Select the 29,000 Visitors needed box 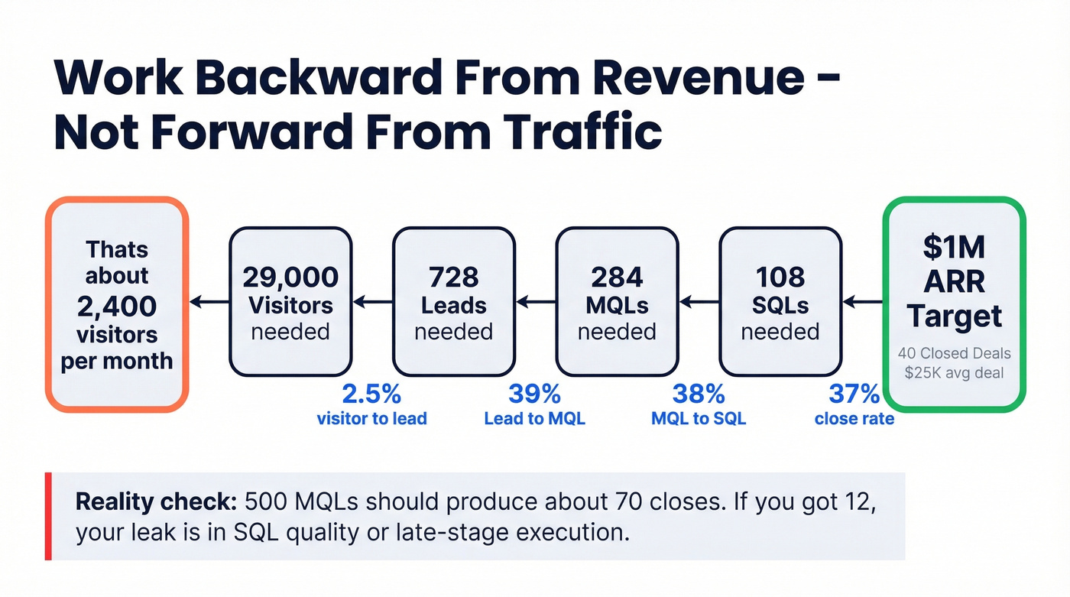point(290,302)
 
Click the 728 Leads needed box point(453,302)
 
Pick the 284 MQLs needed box point(617,302)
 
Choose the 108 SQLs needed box point(780,302)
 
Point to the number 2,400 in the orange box point(117,307)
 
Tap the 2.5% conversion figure point(371,394)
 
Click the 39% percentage point(534,394)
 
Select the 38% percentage point(698,394)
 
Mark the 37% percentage point(854,394)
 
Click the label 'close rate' point(854,419)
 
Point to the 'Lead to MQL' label point(534,419)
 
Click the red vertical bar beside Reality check point(48,516)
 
